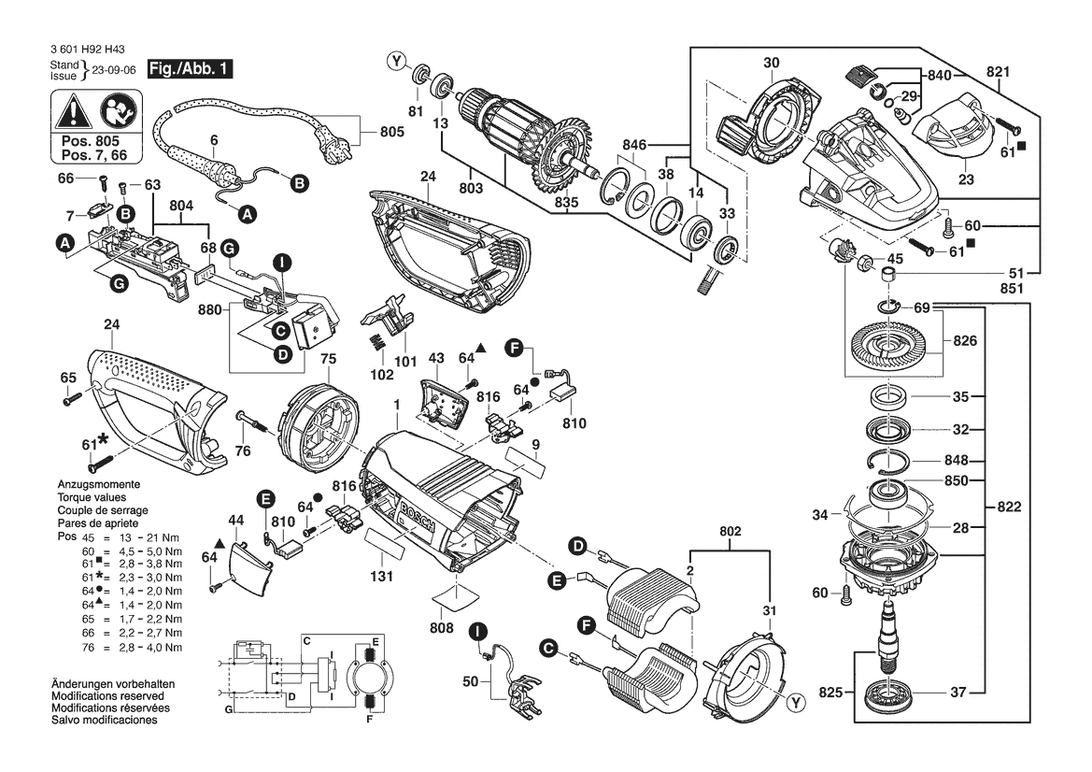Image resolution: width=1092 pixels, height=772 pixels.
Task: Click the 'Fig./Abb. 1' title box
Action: [190, 69]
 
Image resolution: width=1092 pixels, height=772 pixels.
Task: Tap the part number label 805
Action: [391, 132]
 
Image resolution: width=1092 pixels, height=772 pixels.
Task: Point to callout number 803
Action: [471, 188]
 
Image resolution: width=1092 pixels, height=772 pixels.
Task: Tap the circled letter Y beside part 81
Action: [397, 62]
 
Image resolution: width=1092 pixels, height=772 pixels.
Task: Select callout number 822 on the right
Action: [1009, 507]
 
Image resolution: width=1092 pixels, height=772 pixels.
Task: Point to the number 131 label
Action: [381, 577]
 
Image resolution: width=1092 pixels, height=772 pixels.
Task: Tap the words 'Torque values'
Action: [92, 497]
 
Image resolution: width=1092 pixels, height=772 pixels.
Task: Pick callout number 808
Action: [442, 628]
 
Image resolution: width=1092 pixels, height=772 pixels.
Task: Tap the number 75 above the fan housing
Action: [328, 359]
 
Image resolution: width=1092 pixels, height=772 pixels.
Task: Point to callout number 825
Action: [830, 692]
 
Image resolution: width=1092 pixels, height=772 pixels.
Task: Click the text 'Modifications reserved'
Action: [108, 696]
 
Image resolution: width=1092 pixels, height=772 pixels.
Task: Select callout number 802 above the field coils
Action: [730, 531]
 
